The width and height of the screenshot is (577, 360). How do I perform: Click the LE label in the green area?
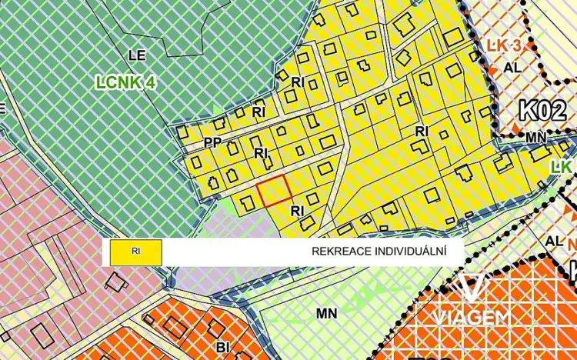coord(136,55)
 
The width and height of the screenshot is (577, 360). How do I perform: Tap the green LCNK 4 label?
coord(125,81)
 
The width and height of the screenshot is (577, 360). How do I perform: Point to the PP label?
coord(213,142)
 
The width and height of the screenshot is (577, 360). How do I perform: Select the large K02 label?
coord(542,110)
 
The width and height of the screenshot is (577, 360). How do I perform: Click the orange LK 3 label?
coord(504,46)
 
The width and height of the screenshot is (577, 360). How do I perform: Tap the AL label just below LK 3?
coord(512,67)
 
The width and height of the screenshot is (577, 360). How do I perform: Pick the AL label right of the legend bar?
coord(553,241)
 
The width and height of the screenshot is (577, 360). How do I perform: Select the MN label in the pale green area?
coord(326,314)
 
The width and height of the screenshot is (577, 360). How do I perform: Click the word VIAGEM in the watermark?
coord(470,317)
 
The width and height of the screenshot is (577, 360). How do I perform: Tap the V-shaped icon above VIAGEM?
coord(471,287)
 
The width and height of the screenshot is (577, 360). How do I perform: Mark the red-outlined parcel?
coord(273,190)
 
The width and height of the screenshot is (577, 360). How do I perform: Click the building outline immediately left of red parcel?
coord(247,203)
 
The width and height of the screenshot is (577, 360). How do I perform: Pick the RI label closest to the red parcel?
coord(299,209)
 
